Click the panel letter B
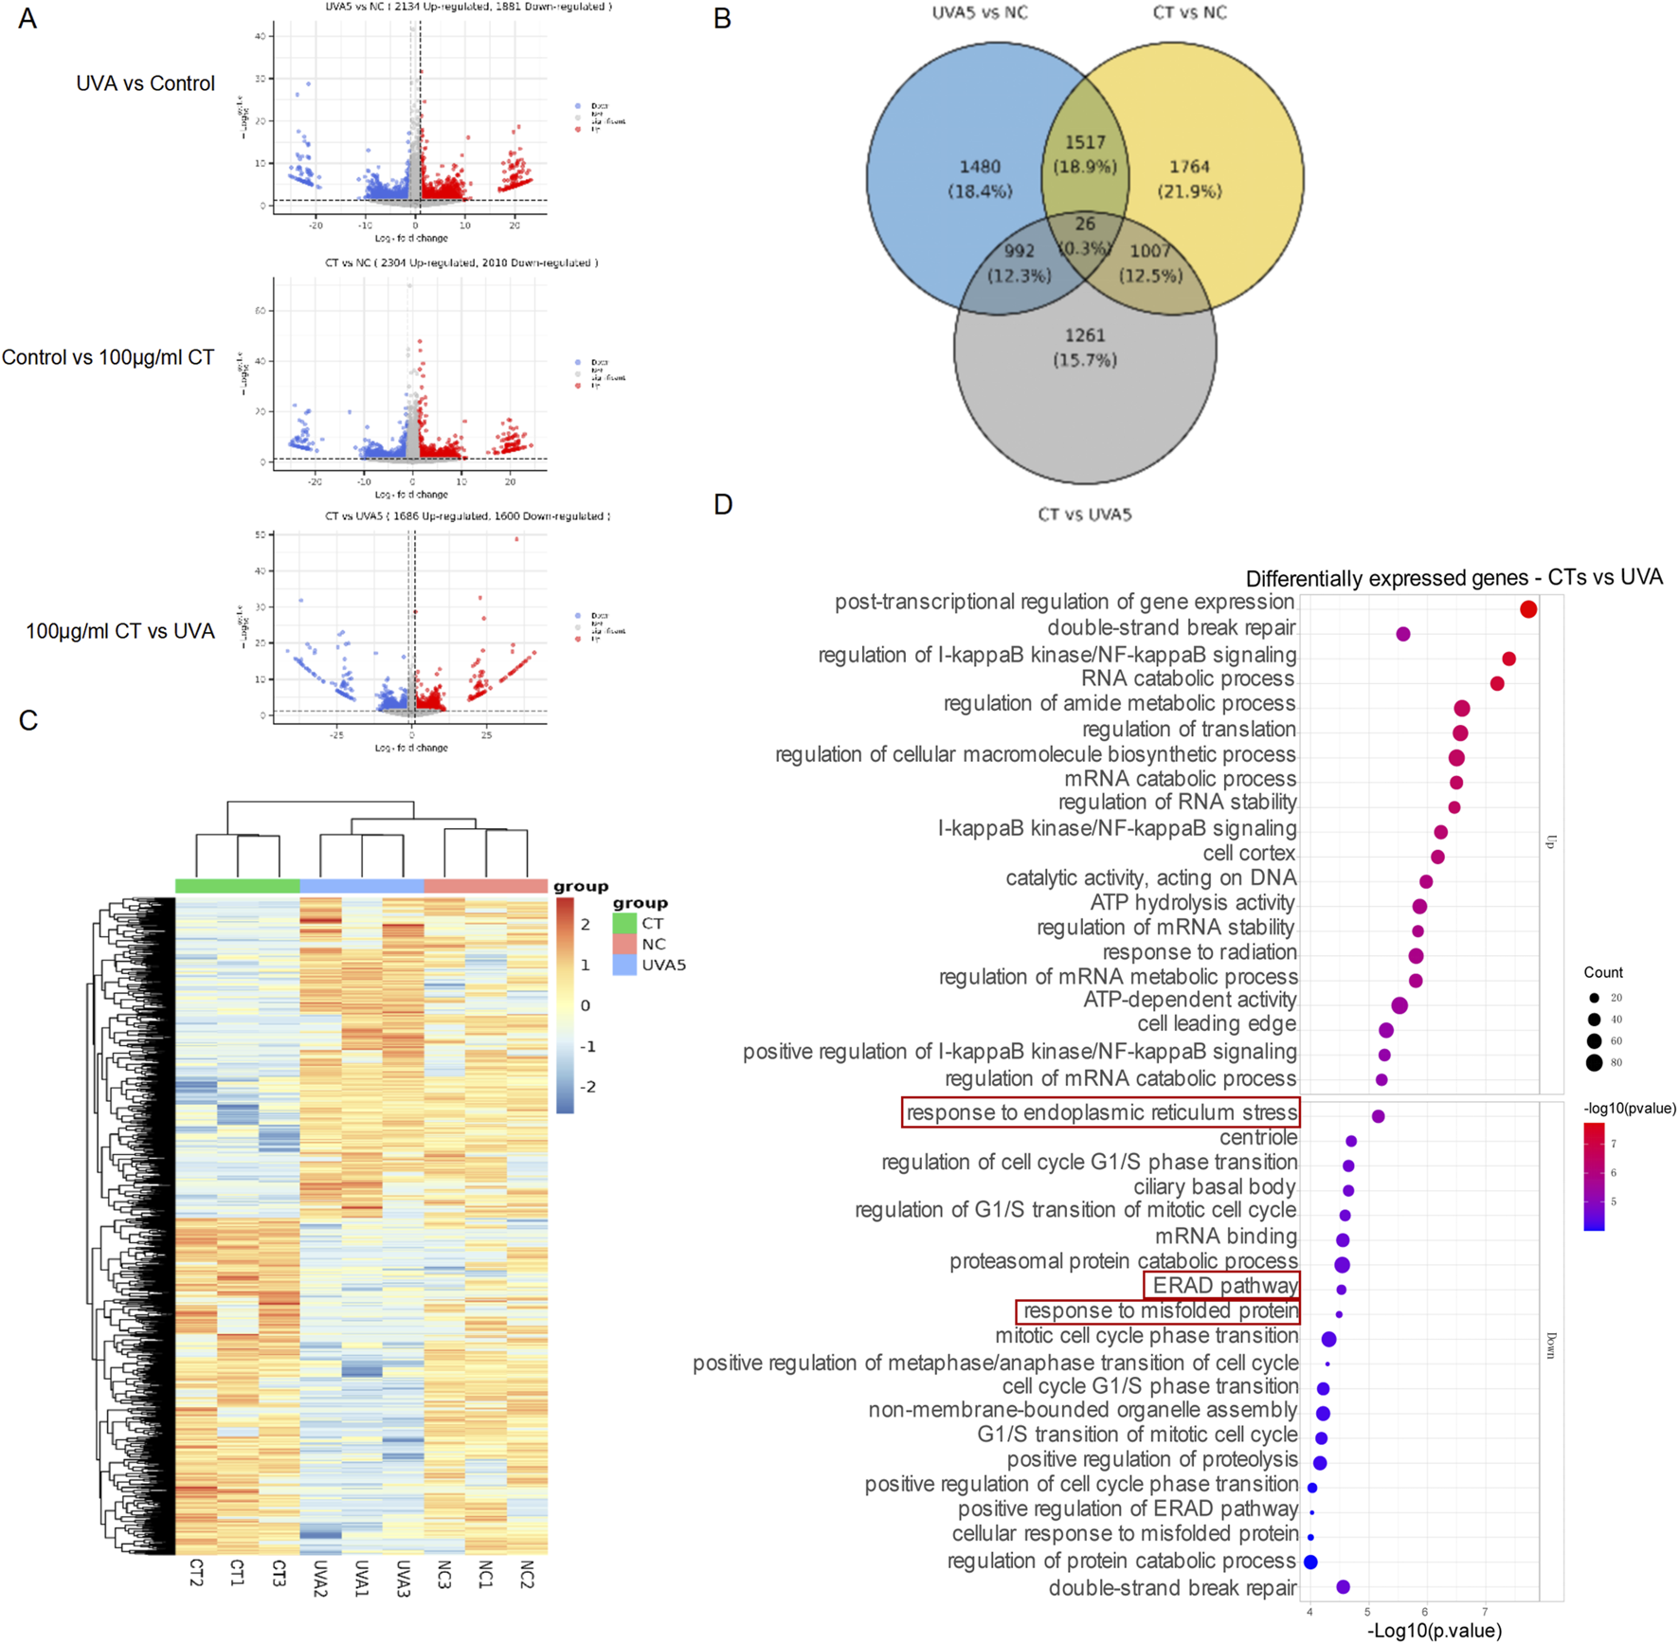click(722, 19)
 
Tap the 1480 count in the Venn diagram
click(980, 167)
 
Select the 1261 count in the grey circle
click(1085, 335)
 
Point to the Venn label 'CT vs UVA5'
click(1085, 515)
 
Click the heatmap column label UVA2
click(319, 1578)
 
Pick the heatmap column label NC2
click(527, 1575)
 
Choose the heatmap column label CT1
click(237, 1574)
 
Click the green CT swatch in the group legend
click(624, 923)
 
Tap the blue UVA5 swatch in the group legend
click(624, 965)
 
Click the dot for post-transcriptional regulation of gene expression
click(1527, 609)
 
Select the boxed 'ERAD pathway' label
click(1222, 1286)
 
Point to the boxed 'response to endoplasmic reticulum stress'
click(1101, 1112)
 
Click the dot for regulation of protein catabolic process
click(1310, 1562)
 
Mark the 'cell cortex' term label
click(1249, 854)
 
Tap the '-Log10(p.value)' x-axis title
click(1435, 1630)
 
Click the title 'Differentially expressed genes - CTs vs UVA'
click(1453, 578)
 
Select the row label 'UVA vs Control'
click(145, 83)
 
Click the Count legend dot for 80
click(1595, 1063)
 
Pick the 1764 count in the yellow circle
click(1189, 167)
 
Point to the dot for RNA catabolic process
click(1497, 683)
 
